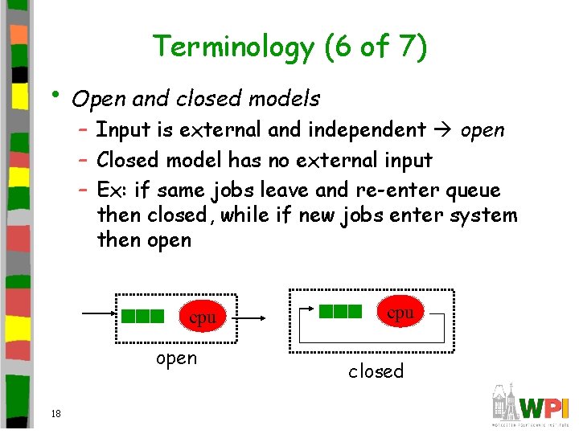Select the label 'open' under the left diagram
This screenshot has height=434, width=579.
point(176,358)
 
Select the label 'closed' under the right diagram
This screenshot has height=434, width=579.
point(376,371)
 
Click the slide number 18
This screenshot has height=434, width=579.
point(55,413)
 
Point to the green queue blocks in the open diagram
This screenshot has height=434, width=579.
point(143,316)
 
